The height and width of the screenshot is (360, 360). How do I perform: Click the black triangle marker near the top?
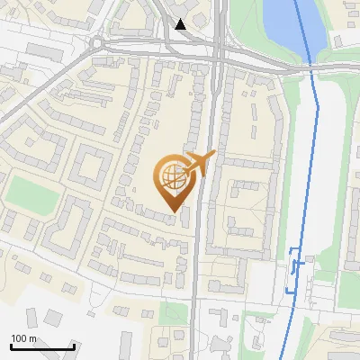pos(181,24)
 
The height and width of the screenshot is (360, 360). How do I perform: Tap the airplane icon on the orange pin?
pos(201,163)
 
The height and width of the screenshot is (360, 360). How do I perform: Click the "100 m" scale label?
pos(23,338)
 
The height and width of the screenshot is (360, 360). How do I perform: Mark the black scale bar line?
pos(41,346)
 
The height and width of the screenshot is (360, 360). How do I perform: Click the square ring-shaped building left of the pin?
pos(91,167)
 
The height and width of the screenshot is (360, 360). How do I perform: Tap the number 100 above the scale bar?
pos(18,338)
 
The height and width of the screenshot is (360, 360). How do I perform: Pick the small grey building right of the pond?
pos(339,40)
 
